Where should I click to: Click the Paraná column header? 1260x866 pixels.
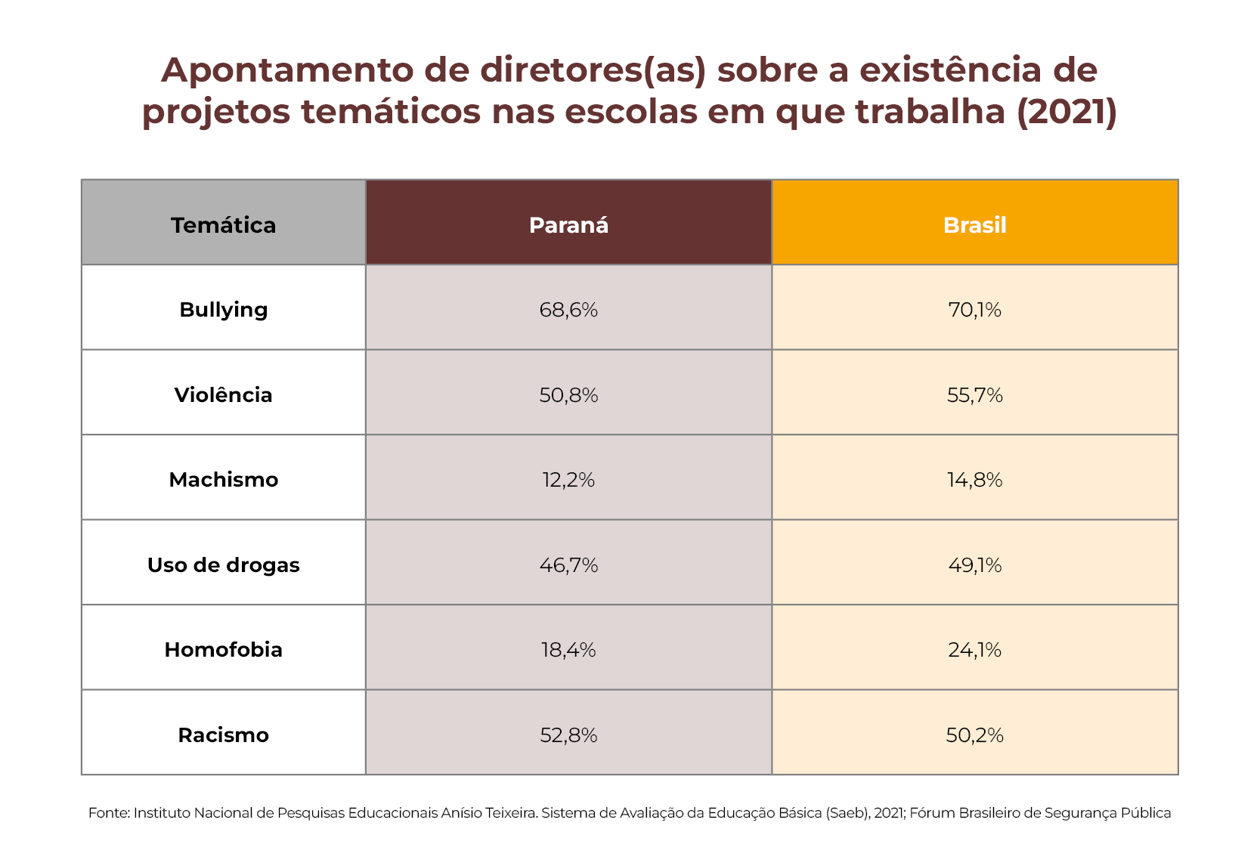coord(568,225)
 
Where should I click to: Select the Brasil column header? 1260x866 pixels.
coord(974,225)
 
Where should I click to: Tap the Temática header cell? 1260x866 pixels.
coord(223,225)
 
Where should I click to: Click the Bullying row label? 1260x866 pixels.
coord(223,310)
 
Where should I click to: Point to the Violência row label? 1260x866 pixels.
coord(223,395)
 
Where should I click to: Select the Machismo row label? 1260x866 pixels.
coord(223,480)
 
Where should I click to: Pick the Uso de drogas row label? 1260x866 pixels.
coord(223,565)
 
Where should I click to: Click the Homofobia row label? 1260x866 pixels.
coord(223,650)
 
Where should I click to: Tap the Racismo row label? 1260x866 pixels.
coord(223,735)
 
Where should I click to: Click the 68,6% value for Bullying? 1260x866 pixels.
coord(568,310)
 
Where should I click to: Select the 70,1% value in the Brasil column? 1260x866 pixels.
coord(974,310)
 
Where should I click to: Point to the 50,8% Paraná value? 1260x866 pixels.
coord(568,395)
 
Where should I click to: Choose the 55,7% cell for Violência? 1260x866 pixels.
coord(974,395)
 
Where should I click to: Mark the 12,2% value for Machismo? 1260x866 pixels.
coord(568,480)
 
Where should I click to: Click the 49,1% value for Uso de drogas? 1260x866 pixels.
coord(974,565)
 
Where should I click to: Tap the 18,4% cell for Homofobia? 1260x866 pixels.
coord(568,650)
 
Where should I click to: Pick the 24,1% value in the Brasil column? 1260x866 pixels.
coord(974,650)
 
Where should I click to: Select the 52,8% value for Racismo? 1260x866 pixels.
coord(568,735)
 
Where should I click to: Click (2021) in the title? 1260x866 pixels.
coord(1067,112)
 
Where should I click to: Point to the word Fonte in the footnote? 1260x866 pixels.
coord(108,813)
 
